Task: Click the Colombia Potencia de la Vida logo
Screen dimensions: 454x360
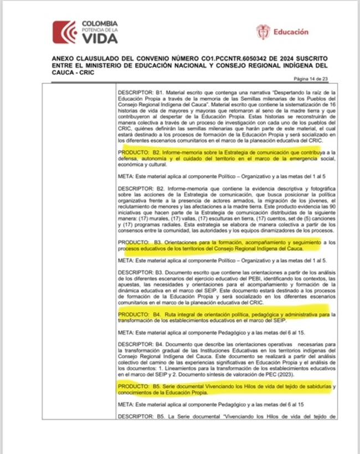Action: tap(85, 32)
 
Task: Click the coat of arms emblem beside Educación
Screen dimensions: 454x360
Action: tap(263, 32)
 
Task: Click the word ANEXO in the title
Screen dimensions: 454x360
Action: tap(64, 58)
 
